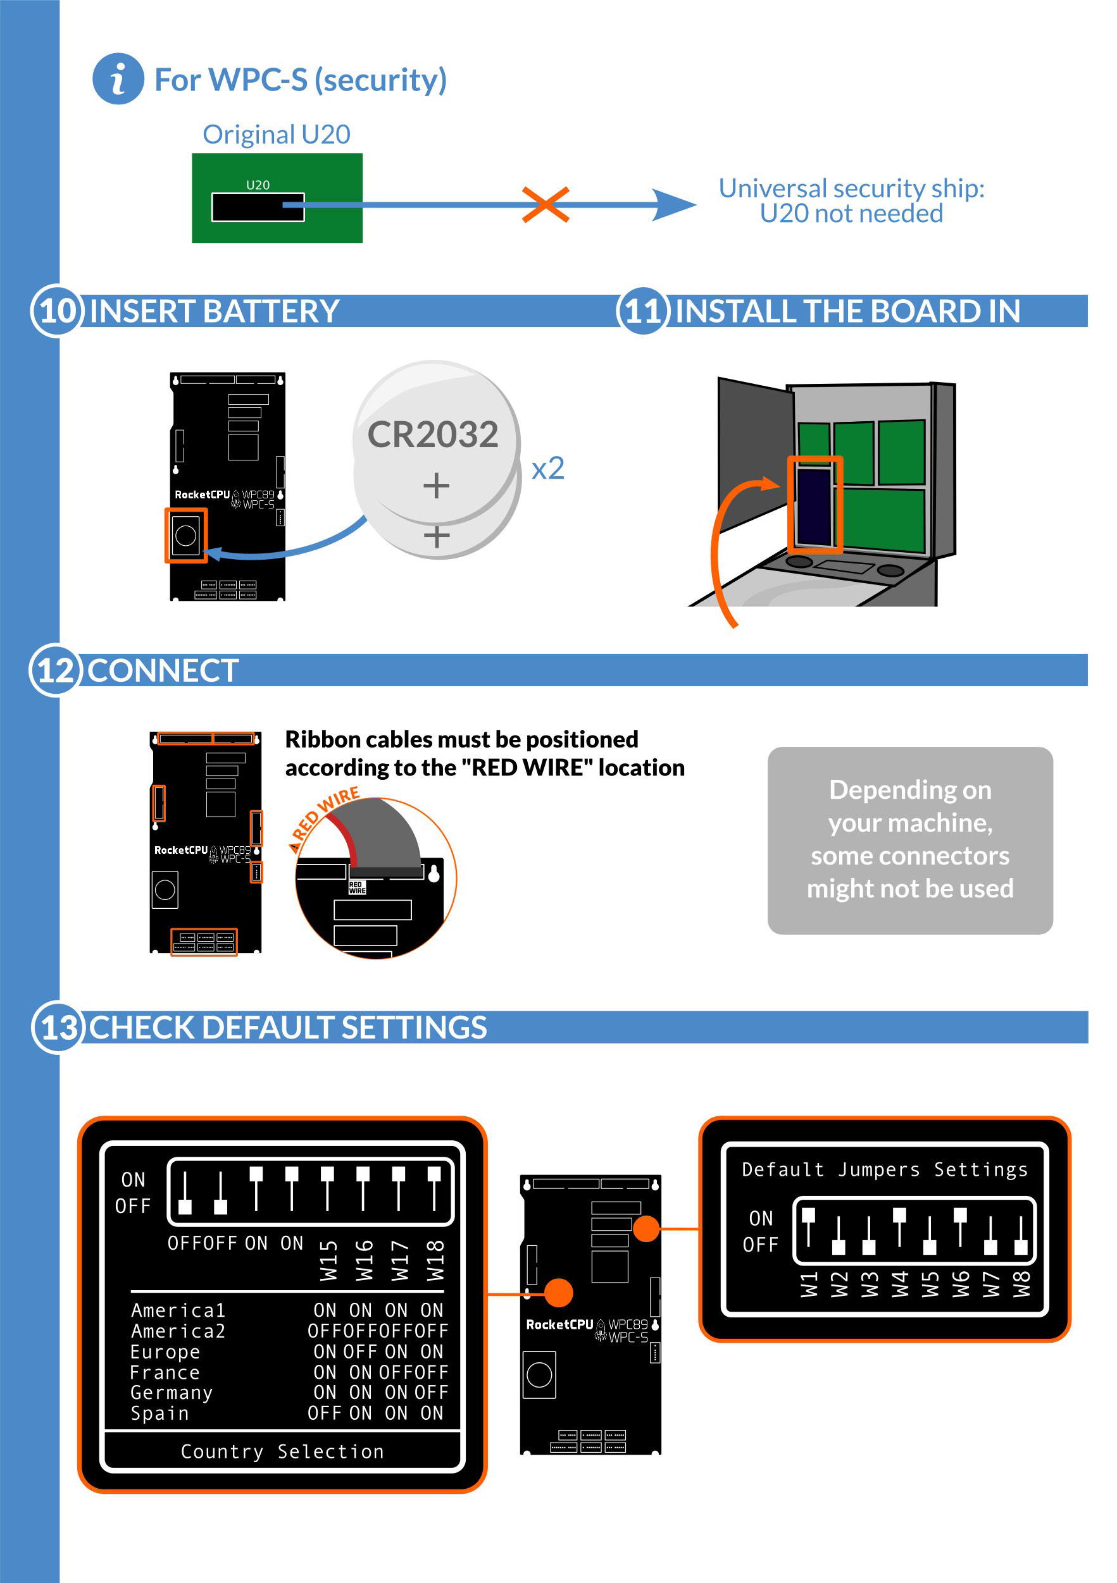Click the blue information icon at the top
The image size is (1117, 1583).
[118, 78]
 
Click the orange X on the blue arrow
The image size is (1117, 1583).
[546, 205]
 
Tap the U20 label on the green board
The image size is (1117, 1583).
[258, 185]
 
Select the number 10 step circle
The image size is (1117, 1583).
[56, 311]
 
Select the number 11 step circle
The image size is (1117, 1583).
[643, 311]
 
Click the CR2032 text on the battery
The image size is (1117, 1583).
[433, 434]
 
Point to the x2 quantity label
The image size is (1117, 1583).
[549, 469]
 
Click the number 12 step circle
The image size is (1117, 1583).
[55, 670]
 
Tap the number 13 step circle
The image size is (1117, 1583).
[59, 1027]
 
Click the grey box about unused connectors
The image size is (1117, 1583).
[910, 841]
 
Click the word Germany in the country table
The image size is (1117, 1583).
[172, 1393]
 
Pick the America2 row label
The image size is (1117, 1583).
[178, 1331]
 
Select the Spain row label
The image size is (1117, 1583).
[160, 1414]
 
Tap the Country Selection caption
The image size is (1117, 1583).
[282, 1451]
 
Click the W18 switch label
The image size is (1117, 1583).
[435, 1260]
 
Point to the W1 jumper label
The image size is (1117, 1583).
[809, 1284]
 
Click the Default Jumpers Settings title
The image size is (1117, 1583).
[885, 1169]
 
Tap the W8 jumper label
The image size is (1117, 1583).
[1021, 1284]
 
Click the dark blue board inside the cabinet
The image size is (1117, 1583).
[814, 505]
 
